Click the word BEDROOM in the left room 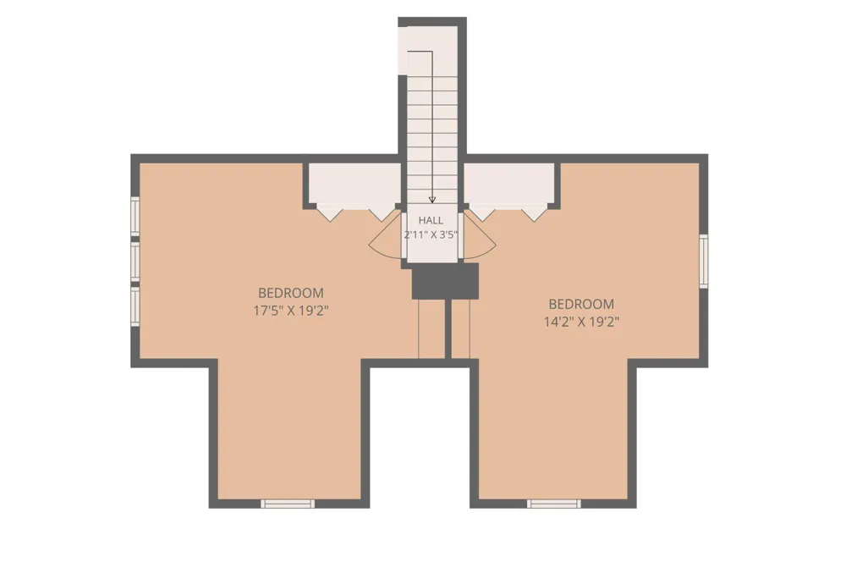[x=291, y=293]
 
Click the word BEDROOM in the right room [x=581, y=304]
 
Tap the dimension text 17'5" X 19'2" [x=291, y=311]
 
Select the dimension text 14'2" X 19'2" [x=581, y=322]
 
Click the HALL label [x=431, y=220]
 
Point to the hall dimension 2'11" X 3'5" [x=431, y=234]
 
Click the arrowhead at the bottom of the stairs [x=431, y=200]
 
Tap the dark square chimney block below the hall [x=445, y=281]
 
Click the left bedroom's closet [x=354, y=184]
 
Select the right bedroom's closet [x=509, y=184]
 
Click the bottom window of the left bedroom [x=288, y=504]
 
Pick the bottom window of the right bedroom [x=554, y=504]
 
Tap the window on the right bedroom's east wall [x=704, y=262]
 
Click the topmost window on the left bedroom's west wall [x=135, y=216]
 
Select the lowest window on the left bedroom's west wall [x=135, y=306]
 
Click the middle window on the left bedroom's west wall [x=135, y=261]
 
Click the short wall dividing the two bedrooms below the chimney [x=448, y=328]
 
